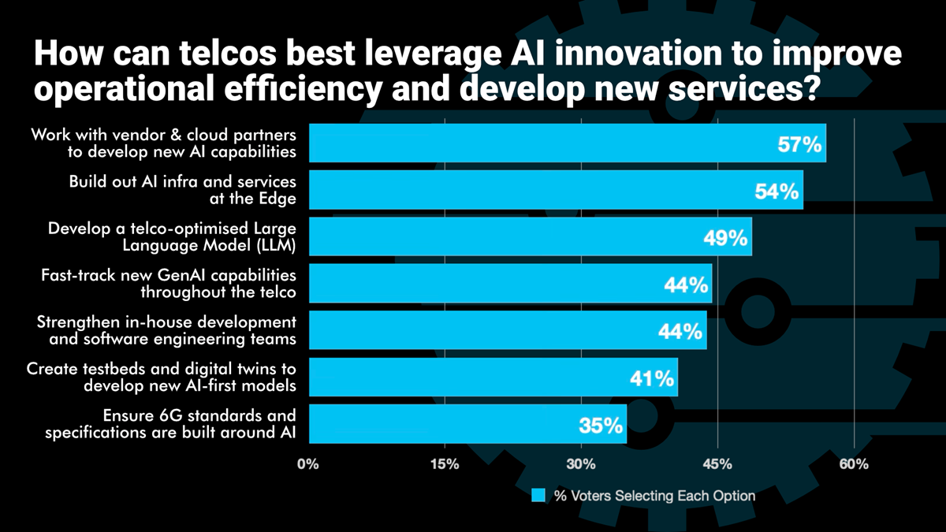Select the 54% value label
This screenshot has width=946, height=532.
point(777,192)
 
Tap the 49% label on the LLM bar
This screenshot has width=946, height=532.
point(726,239)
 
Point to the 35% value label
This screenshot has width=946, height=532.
point(601,427)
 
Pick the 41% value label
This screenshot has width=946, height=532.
point(652,380)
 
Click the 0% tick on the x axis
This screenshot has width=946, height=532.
point(308,464)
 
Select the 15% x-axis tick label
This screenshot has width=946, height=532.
point(445,464)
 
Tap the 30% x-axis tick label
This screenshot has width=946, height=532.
point(581,464)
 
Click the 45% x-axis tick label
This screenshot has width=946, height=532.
point(717,464)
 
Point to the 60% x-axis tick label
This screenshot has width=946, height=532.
point(854,464)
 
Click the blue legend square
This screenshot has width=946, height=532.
point(538,496)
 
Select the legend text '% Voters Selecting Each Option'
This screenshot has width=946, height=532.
point(654,496)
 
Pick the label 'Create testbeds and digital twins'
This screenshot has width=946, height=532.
point(162,369)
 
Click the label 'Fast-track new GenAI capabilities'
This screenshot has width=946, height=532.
point(169,275)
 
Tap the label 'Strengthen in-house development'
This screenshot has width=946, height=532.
point(167,322)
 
